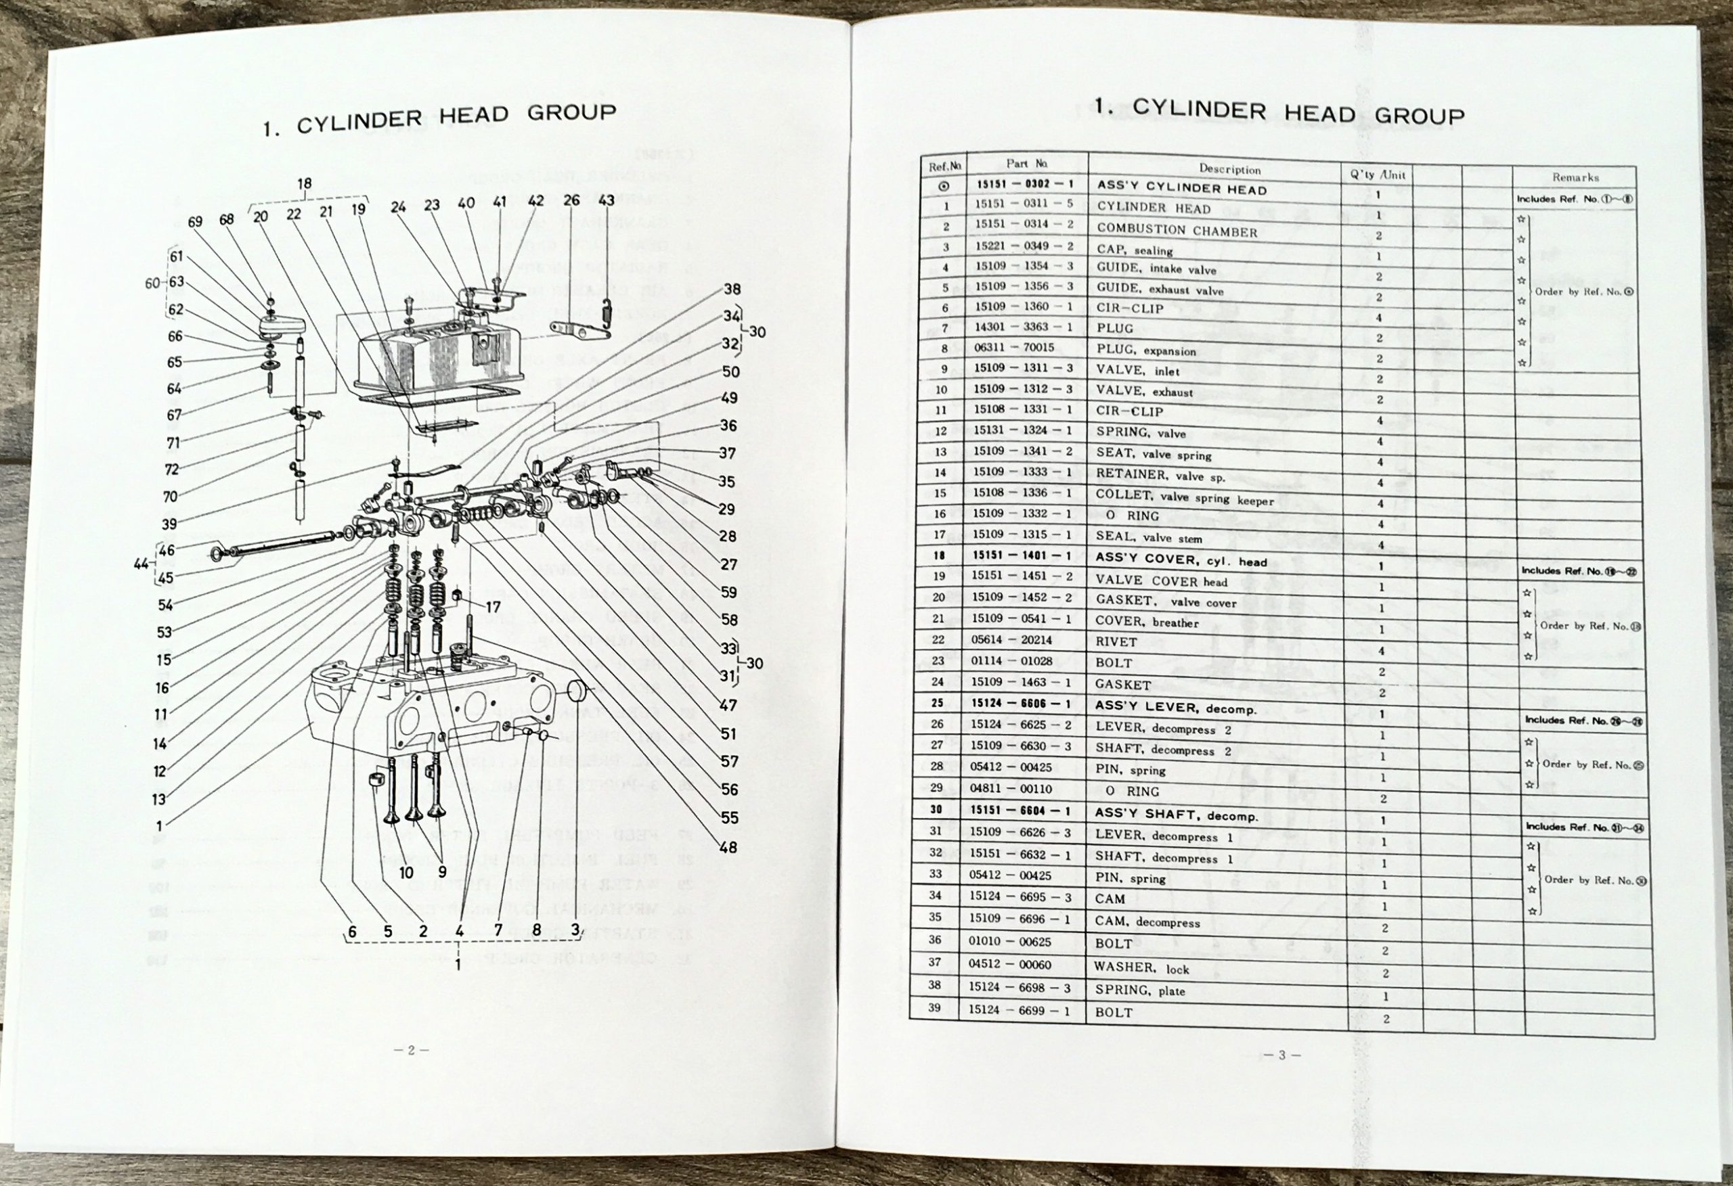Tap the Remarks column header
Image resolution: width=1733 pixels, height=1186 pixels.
click(x=1575, y=177)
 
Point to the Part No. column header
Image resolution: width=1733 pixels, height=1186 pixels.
click(x=1027, y=163)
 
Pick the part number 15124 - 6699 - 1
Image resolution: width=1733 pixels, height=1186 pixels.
click(x=1019, y=1010)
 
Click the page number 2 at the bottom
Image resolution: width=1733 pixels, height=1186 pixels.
click(x=410, y=1050)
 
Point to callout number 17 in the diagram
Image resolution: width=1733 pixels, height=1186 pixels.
click(x=493, y=608)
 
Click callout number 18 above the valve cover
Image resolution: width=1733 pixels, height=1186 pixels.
click(x=304, y=183)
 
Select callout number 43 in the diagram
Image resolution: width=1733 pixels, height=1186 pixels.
click(x=607, y=200)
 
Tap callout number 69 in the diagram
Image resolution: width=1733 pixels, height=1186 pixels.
click(x=196, y=221)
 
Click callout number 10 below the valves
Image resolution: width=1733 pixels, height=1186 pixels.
click(x=405, y=873)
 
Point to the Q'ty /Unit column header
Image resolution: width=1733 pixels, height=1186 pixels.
click(x=1378, y=175)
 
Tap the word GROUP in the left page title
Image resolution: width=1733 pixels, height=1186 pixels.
click(x=572, y=113)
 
